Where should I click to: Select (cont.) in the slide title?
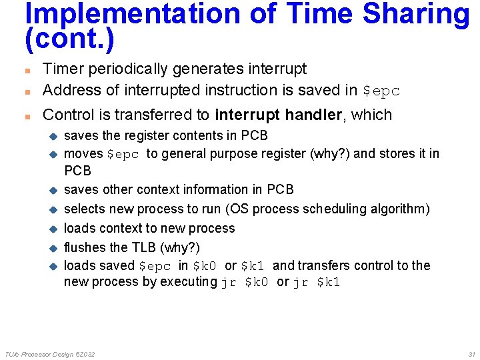coord(69,40)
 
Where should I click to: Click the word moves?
coord(83,154)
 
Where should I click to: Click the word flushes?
coord(85,247)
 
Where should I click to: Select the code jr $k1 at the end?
coord(317,282)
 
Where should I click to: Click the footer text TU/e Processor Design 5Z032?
coord(50,353)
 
